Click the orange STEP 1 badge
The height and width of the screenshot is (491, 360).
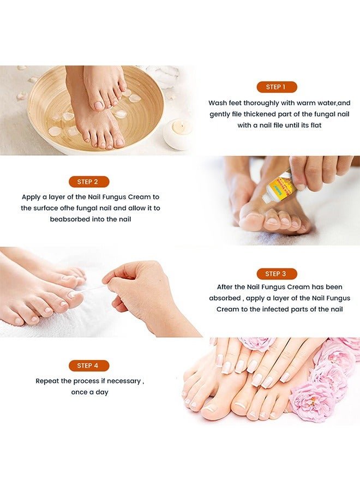pos(277,87)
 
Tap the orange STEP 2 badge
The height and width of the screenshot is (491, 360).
pos(89,182)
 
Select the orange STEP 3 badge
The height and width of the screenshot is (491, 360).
pos(275,274)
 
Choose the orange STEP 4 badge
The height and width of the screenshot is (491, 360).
pos(89,366)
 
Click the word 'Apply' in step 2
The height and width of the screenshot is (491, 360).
pos(32,196)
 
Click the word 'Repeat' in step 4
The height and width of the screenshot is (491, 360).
pos(47,381)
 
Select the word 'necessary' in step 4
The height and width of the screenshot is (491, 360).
pos(124,381)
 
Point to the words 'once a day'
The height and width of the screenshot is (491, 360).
pos(89,392)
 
